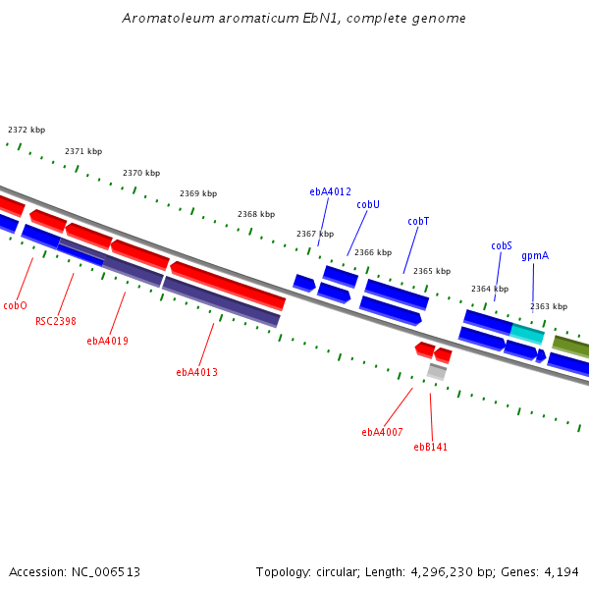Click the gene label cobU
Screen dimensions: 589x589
point(368,204)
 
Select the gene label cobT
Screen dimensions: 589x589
point(418,221)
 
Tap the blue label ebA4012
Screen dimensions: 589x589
point(330,191)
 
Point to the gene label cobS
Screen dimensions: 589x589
point(502,245)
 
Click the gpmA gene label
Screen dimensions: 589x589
point(535,256)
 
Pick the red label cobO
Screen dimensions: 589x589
point(15,305)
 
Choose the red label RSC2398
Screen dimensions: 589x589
point(56,321)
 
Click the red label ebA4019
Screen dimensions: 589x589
point(107,341)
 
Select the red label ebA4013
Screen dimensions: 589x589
point(197,372)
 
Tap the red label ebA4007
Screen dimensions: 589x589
point(382,432)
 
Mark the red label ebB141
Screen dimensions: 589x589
point(431,447)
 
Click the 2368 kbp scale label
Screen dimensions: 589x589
point(256,214)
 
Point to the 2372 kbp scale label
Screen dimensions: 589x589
point(27,130)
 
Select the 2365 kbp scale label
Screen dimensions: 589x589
point(432,271)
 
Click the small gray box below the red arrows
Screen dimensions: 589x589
point(437,372)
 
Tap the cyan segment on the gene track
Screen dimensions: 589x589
point(527,334)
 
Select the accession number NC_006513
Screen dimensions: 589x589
point(106,572)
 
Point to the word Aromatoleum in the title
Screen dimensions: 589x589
point(168,18)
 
